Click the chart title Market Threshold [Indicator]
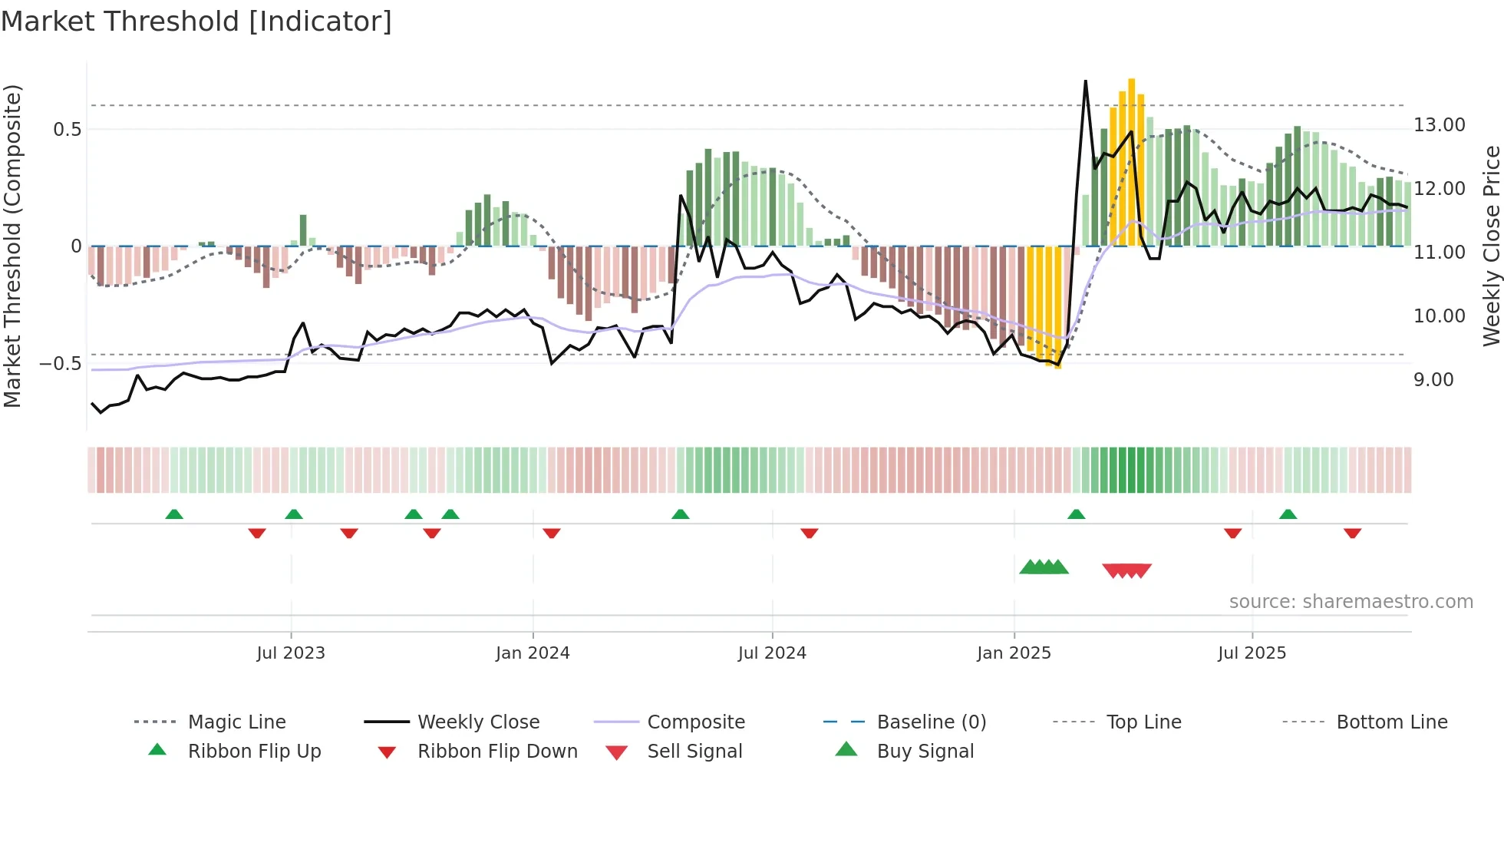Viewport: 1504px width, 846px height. (196, 21)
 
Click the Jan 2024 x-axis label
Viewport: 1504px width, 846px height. (533, 653)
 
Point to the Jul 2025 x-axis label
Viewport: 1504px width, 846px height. (1252, 653)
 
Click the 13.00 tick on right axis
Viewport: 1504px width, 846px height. (1439, 125)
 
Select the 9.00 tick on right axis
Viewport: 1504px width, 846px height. (1433, 380)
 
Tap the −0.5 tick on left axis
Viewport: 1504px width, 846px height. (60, 364)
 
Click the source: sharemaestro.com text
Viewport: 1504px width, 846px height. (1351, 602)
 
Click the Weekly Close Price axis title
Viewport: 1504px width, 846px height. (1491, 246)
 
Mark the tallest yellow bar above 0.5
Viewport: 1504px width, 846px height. (1131, 161)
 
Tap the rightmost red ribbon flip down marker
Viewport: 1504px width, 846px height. (1352, 534)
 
